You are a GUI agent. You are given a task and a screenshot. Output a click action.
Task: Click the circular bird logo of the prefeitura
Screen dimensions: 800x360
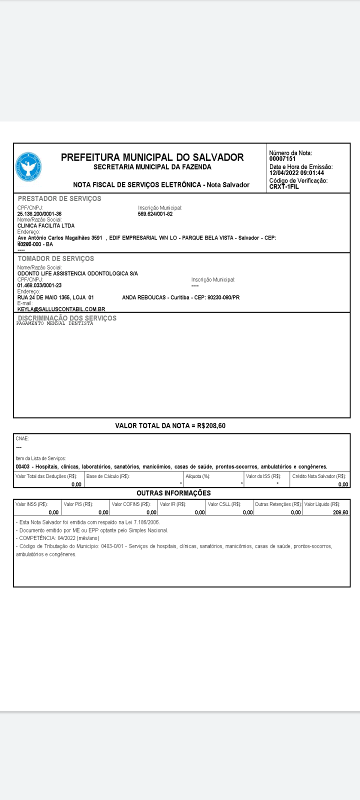click(x=28, y=167)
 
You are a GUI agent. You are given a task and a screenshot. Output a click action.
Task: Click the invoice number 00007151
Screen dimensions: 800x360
click(x=282, y=159)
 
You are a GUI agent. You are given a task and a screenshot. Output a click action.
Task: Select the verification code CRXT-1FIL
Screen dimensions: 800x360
click(x=284, y=186)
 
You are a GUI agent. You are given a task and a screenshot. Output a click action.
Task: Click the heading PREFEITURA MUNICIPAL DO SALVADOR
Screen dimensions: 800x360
click(x=152, y=157)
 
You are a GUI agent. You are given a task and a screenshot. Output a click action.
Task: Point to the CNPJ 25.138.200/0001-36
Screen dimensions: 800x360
click(x=39, y=214)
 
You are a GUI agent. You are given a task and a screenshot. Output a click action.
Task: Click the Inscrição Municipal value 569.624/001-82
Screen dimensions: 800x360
click(x=155, y=214)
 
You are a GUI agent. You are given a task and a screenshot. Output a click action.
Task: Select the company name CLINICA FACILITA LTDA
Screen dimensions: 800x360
click(x=46, y=225)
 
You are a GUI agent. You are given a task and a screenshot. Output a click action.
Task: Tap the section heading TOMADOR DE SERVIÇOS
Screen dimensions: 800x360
click(x=56, y=258)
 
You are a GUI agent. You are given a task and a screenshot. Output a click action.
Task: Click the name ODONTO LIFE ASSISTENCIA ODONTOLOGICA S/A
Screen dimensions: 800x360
click(x=77, y=273)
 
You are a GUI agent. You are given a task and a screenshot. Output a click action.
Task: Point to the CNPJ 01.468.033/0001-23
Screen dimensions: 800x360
click(x=39, y=285)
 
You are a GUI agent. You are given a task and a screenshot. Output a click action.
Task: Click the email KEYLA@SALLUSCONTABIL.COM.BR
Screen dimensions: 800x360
click(x=61, y=309)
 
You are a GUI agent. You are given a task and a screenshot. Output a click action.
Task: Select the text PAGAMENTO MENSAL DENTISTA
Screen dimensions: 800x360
click(x=54, y=323)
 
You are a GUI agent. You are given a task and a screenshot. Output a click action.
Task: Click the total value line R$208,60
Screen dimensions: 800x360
click(x=170, y=426)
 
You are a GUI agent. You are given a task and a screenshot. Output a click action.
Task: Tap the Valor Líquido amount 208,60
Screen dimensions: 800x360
click(x=340, y=512)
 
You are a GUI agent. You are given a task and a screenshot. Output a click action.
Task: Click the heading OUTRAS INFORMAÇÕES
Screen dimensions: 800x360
click(x=173, y=493)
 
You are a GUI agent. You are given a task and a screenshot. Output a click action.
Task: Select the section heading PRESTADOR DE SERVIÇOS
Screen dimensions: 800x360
click(x=59, y=198)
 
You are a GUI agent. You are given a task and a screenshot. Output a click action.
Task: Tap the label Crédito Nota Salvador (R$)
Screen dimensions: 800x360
click(x=319, y=476)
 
